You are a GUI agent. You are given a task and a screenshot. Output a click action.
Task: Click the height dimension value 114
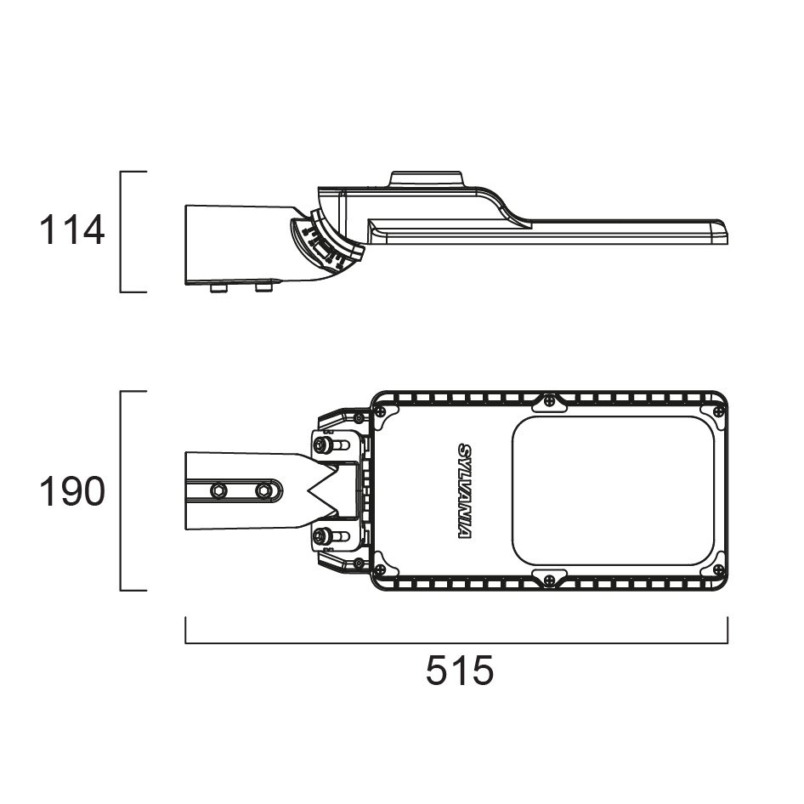tap(72, 230)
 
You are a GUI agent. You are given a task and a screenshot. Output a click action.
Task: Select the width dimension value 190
tap(72, 492)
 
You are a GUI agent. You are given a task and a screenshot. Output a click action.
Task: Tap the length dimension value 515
tap(459, 672)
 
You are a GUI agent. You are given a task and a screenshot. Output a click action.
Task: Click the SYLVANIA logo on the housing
tap(465, 490)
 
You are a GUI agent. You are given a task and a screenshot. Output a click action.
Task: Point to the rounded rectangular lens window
tap(613, 490)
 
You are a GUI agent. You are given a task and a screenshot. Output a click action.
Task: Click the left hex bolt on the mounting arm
tap(219, 490)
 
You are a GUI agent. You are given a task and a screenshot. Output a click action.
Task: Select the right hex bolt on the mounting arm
tap(263, 490)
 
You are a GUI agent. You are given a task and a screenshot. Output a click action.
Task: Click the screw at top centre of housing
tap(550, 399)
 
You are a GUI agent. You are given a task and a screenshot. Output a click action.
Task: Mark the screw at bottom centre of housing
tap(550, 581)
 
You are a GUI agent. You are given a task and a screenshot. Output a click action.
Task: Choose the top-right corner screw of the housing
tap(718, 411)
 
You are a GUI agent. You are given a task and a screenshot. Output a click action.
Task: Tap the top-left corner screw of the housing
tap(381, 411)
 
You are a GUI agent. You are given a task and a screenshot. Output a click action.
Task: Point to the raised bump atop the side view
tap(426, 179)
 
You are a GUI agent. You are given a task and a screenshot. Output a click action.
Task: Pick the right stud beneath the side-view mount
tap(264, 288)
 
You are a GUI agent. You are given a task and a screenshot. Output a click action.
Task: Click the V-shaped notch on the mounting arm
tap(319, 490)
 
